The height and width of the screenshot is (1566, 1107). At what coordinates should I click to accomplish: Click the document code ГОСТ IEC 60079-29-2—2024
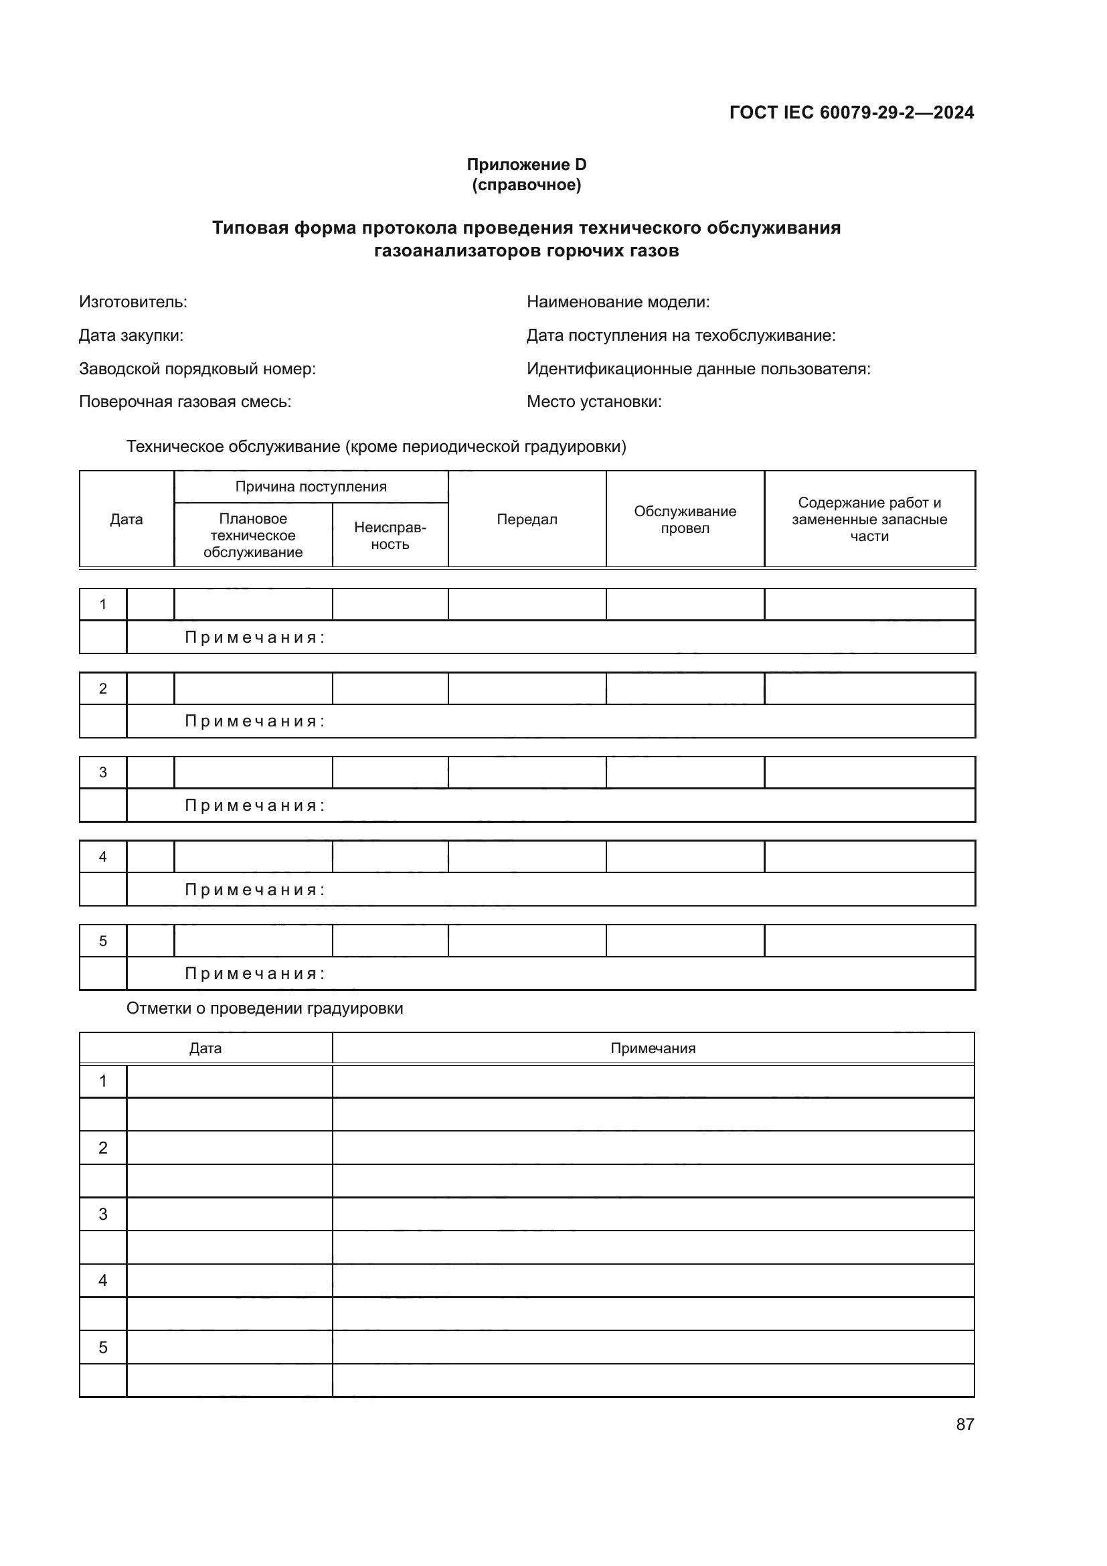coord(851,112)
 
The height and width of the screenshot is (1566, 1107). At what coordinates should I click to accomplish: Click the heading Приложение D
coord(526,165)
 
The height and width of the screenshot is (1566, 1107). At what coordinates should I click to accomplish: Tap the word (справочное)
coord(526,185)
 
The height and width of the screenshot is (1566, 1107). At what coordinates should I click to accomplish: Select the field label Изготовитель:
coord(133,301)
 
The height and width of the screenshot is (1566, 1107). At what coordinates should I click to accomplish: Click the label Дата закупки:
coord(131,335)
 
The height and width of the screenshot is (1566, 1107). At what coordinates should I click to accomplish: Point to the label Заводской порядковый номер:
coord(197,369)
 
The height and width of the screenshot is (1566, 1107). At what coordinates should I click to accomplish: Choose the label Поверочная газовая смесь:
coord(185,402)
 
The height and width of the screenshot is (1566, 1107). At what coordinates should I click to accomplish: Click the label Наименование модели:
coord(618,301)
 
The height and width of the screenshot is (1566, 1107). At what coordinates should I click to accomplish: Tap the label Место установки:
coord(594,402)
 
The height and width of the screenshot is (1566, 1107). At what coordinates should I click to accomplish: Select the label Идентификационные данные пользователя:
coord(698,369)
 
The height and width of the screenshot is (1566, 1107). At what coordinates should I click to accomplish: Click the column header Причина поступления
coord(311,486)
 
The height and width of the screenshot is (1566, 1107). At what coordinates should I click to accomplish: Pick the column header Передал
coord(527,519)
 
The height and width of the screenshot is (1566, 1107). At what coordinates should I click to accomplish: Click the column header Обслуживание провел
coord(685,519)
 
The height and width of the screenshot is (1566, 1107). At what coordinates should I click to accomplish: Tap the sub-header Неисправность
coord(390,536)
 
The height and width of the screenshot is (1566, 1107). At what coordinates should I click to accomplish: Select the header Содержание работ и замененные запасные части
coord(869,519)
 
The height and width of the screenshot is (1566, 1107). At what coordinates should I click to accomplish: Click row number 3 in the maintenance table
coord(103,772)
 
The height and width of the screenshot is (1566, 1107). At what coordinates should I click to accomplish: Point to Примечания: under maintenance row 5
coord(255,973)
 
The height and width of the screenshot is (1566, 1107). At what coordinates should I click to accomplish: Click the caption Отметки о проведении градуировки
coord(264,1008)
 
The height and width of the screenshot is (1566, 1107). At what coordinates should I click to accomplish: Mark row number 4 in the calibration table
coord(103,1280)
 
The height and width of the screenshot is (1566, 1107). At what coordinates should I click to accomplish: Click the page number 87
coord(964,1424)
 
